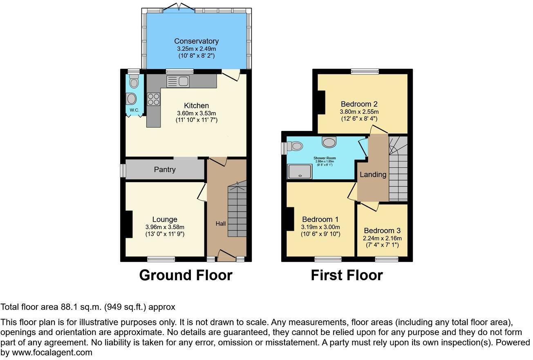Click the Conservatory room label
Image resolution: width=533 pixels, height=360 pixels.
(x=196, y=41)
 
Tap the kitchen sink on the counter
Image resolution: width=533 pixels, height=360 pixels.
(x=177, y=81)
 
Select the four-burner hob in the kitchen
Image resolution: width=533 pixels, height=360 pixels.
(x=153, y=99)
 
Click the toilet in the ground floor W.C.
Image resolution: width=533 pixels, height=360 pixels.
(x=134, y=82)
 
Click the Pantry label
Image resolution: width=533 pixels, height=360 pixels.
(x=165, y=169)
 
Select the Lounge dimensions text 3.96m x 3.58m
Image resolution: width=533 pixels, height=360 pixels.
(x=165, y=227)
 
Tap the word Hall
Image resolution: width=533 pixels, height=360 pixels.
(x=221, y=224)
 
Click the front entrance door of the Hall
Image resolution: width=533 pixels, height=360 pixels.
(x=224, y=255)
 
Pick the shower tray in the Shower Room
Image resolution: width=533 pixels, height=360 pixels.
(x=300, y=171)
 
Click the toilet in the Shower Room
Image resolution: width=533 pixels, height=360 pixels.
(x=294, y=146)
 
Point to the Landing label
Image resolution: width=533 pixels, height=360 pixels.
(x=373, y=175)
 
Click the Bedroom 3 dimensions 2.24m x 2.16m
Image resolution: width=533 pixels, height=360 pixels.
(x=382, y=238)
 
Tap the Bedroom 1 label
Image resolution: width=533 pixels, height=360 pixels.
(x=320, y=219)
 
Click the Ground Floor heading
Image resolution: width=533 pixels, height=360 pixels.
(x=186, y=275)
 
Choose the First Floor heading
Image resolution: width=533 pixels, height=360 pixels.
(x=347, y=275)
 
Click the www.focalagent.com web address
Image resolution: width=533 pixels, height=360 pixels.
(x=52, y=352)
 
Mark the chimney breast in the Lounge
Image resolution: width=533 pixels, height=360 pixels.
(x=129, y=224)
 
